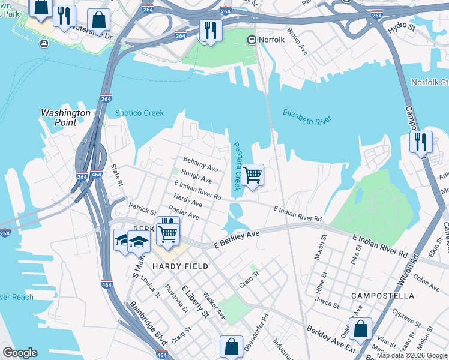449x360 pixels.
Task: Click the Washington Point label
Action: tap(65, 118)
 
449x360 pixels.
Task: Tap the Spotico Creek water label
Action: tap(139, 113)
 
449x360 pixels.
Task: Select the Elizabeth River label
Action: tap(307, 116)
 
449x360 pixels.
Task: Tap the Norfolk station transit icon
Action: tap(252, 40)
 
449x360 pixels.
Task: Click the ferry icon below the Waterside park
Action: tap(44, 43)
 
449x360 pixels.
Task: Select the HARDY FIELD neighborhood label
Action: tap(180, 266)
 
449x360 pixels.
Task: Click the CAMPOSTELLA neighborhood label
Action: tap(382, 296)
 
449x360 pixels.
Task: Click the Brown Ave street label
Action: tap(297, 41)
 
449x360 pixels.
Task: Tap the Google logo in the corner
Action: tap(20, 353)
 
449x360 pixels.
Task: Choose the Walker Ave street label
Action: tap(214, 306)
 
